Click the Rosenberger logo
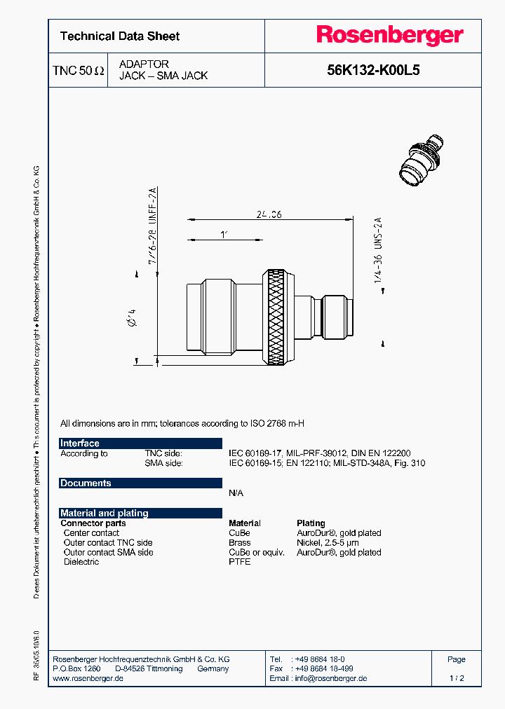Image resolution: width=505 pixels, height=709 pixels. click(390, 35)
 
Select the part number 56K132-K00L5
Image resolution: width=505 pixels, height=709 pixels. click(373, 70)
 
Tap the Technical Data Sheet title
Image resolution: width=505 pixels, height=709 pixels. click(120, 36)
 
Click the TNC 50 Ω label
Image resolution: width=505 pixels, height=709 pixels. click(79, 71)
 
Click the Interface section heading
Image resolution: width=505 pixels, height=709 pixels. click(80, 443)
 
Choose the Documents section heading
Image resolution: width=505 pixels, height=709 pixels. click(86, 483)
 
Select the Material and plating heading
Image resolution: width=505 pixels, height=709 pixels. click(105, 513)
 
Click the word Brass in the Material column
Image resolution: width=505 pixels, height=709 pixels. click(240, 542)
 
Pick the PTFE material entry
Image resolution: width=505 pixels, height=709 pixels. click(239, 562)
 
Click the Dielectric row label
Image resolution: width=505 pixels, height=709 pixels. click(81, 562)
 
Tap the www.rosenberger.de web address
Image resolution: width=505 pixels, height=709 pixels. click(88, 678)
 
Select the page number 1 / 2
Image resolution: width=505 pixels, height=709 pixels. click(457, 678)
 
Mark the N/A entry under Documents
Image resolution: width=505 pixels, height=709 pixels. click(236, 493)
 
